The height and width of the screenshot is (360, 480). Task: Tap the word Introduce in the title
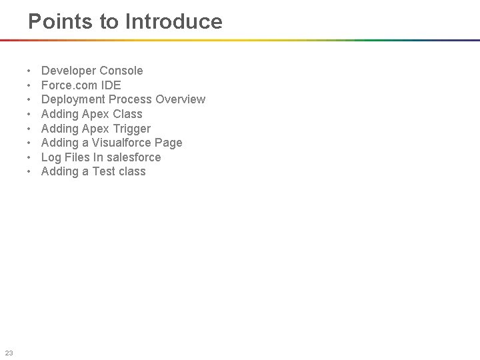coord(175,21)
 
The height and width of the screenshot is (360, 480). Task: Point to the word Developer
coord(69,71)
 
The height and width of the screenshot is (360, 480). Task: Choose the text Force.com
coord(69,85)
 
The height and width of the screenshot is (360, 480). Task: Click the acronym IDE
coord(111,85)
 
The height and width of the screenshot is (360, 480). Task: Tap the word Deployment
coord(73,99)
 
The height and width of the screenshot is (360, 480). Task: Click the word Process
coord(131,99)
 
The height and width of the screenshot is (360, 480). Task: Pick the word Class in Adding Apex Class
coord(127,114)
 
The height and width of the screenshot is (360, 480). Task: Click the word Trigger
coord(131,129)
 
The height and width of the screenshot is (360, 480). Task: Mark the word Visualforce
coord(120,143)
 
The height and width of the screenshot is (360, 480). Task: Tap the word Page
coord(168,143)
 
